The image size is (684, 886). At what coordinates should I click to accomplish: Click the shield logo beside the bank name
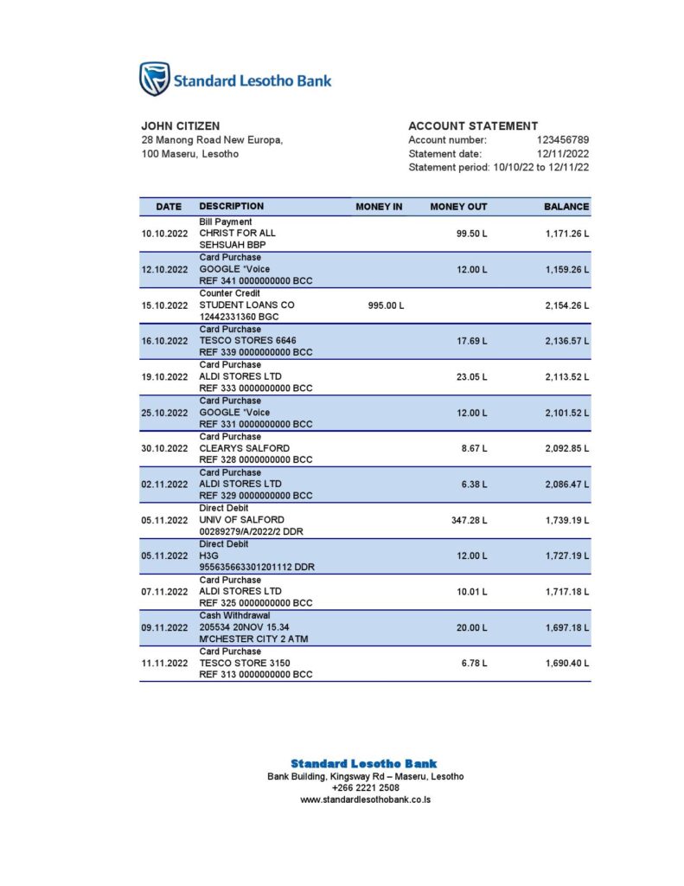click(155, 79)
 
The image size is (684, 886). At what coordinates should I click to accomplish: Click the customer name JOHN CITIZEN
click(180, 126)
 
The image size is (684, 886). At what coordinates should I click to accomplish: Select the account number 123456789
click(562, 140)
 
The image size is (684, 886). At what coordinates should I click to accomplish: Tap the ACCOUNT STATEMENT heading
click(473, 126)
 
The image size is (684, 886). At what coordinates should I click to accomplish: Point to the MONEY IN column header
click(379, 207)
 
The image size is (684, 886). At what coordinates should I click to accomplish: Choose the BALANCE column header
click(566, 207)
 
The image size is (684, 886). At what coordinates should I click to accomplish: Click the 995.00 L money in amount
click(386, 305)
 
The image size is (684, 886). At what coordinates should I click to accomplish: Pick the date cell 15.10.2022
click(164, 305)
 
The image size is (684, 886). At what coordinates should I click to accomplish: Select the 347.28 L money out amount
click(471, 520)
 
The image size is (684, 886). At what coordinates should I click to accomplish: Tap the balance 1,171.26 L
click(566, 234)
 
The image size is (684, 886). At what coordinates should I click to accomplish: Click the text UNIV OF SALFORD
click(241, 520)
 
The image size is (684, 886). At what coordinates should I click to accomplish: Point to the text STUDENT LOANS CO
click(246, 305)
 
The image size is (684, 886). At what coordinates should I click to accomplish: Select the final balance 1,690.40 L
click(566, 663)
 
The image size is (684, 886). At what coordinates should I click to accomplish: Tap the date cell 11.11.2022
click(164, 663)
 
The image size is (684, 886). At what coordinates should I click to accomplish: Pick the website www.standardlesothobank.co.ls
click(365, 799)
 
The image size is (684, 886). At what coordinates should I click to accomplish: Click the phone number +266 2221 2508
click(365, 788)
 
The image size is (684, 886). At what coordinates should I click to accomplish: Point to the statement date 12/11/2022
click(562, 154)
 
